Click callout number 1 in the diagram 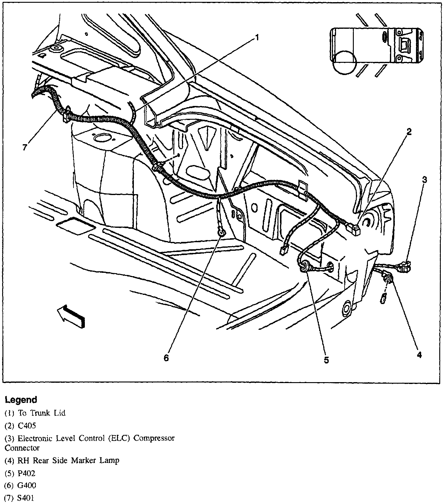257,38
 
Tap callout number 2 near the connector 409,132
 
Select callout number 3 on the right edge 424,180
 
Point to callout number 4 419,355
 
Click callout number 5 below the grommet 326,360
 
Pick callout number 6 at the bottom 166,358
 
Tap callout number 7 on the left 25,147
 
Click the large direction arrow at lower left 71,316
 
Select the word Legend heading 21,400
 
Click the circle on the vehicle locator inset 345,62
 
